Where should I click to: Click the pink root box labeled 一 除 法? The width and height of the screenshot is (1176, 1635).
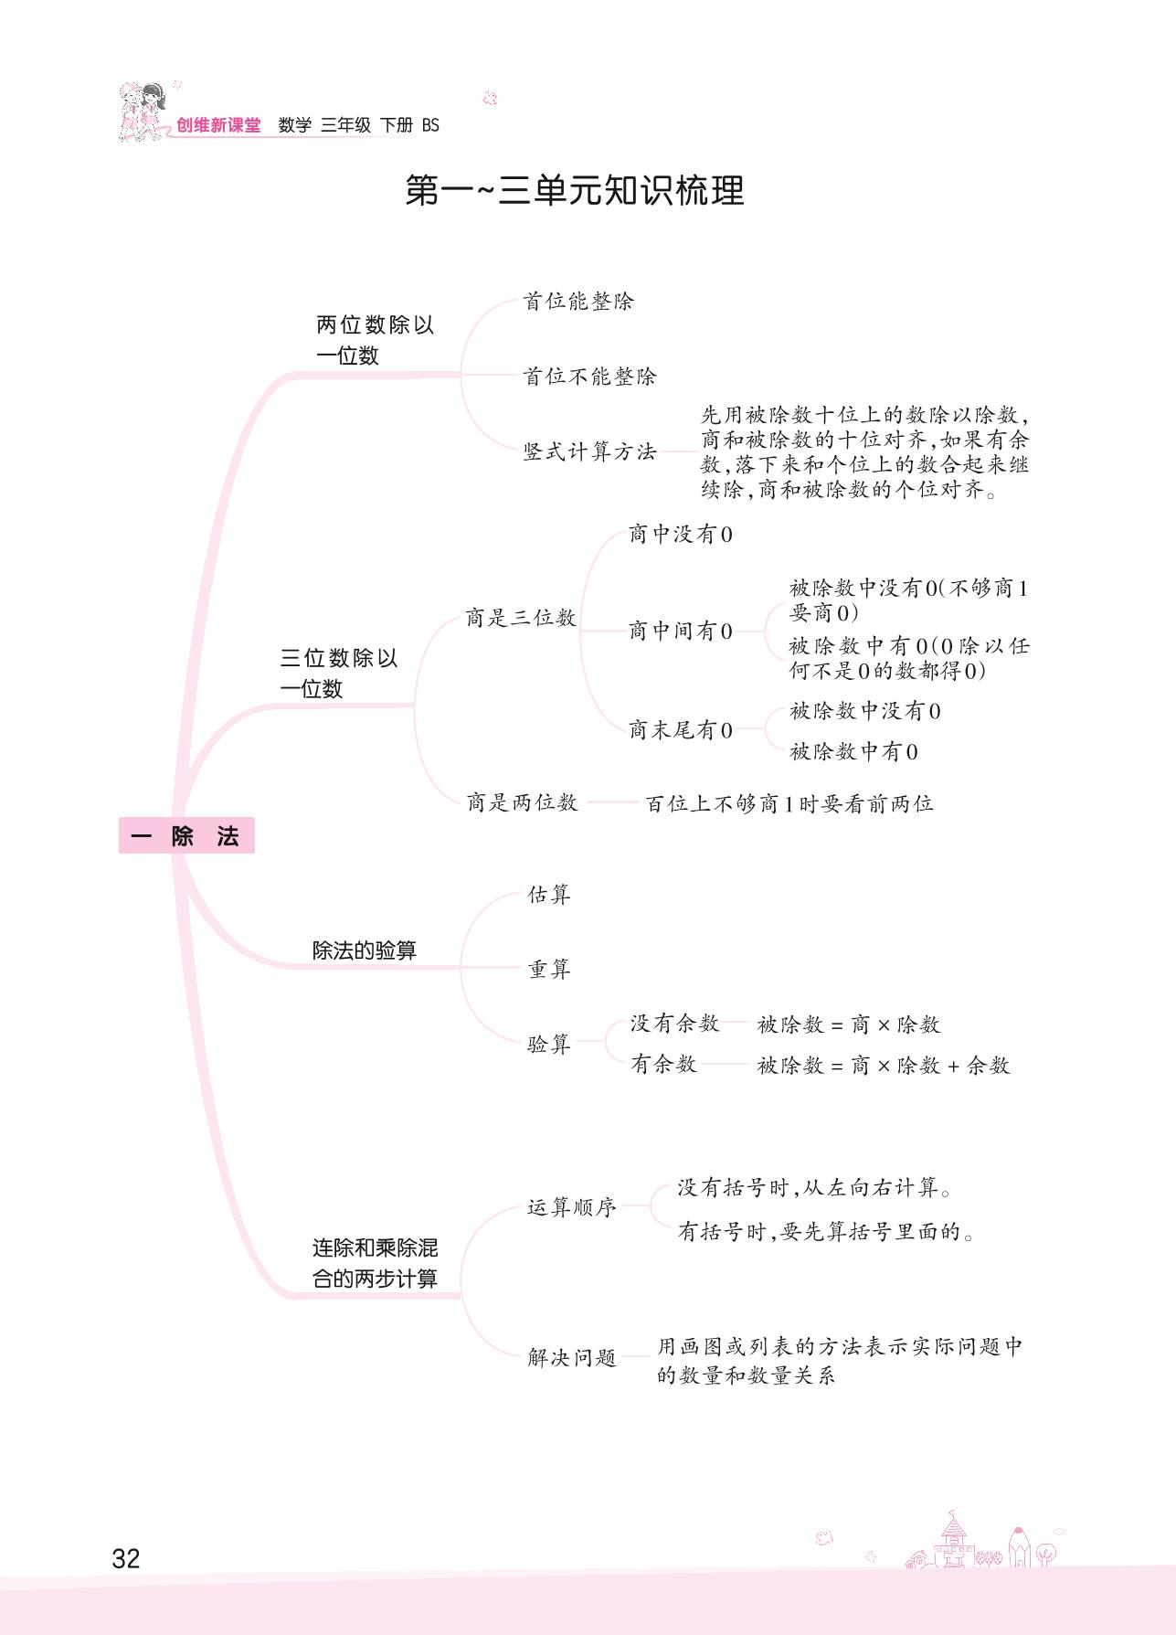186,835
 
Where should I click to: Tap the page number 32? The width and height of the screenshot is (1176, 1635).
125,1558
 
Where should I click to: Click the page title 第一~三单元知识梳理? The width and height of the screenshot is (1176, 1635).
575,190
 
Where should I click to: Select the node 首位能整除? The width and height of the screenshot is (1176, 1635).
578,301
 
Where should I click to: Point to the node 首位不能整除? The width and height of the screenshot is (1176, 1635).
589,376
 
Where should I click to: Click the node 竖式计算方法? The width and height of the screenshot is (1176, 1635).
589,451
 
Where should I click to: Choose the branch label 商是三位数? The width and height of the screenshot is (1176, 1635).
521,618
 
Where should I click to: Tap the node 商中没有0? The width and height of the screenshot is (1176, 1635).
681,535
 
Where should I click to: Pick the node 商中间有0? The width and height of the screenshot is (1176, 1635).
681,631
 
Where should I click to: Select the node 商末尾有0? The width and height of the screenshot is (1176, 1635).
681,729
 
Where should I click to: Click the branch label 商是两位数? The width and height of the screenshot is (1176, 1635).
522,802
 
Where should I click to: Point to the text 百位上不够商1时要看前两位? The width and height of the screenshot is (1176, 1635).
789,803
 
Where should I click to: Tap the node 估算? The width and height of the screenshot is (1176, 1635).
549,895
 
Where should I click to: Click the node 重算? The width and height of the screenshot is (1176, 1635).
549,969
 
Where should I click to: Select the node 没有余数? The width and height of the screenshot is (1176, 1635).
674,1024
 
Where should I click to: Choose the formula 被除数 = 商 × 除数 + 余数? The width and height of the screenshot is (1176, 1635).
884,1066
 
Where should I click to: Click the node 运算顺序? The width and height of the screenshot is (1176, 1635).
572,1207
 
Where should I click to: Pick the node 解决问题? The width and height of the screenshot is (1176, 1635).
572,1357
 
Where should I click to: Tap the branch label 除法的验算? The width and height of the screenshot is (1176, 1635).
365,950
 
